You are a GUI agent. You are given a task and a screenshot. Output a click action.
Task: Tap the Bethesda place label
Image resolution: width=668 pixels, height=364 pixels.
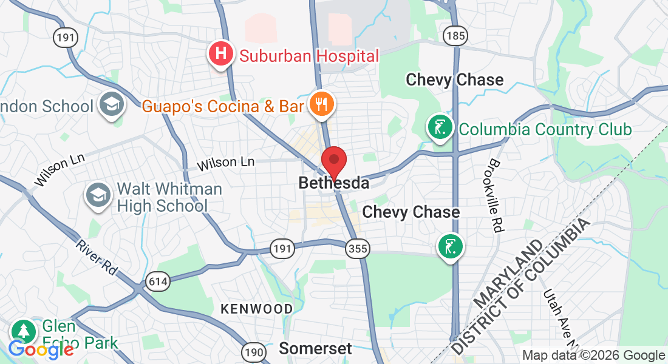click(333, 183)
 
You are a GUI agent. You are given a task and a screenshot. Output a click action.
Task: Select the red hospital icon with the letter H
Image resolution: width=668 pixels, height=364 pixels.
click(221, 54)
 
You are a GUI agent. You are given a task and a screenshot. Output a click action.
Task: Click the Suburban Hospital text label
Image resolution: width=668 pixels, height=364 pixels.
click(309, 56)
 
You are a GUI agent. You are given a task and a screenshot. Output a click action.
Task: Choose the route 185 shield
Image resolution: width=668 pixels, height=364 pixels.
click(455, 36)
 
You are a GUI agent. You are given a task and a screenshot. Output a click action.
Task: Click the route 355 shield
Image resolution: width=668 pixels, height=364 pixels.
click(356, 248)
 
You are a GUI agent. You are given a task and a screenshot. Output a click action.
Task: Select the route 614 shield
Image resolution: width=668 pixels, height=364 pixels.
click(157, 281)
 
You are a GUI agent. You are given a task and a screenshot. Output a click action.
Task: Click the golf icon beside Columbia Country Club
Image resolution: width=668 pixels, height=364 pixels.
click(440, 127)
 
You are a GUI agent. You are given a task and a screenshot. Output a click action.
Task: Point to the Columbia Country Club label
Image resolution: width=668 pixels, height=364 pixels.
click(545, 130)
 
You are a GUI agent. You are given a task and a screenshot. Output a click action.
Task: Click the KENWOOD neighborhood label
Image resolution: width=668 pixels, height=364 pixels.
click(256, 309)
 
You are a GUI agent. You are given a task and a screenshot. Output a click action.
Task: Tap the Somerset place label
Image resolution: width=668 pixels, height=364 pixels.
click(315, 349)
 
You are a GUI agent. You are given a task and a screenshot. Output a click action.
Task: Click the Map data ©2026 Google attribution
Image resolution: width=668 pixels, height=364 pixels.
click(594, 356)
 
